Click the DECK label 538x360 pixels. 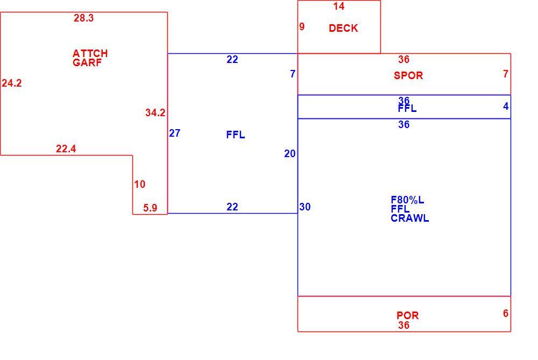tap(343, 28)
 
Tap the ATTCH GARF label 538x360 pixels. tap(90, 58)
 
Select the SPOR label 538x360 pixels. tap(408, 75)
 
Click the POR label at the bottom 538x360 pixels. tap(408, 315)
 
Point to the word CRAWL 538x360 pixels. tap(409, 218)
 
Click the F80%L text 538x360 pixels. tap(407, 200)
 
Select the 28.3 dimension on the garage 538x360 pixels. tap(84, 18)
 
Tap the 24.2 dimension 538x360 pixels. tap(12, 83)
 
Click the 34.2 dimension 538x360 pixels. tap(155, 112)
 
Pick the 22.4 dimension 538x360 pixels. tap(66, 149)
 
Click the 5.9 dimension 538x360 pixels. tap(150, 208)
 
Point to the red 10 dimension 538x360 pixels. tap(140, 184)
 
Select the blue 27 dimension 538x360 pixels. tap(175, 133)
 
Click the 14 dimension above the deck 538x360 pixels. tap(338, 6)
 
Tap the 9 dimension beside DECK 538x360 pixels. tap(302, 26)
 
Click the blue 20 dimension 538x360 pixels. tap(289, 154)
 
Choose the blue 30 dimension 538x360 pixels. tap(305, 207)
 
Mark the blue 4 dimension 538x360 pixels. tap(506, 107)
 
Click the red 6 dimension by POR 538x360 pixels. tap(506, 313)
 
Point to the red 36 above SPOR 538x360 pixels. tap(404, 59)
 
